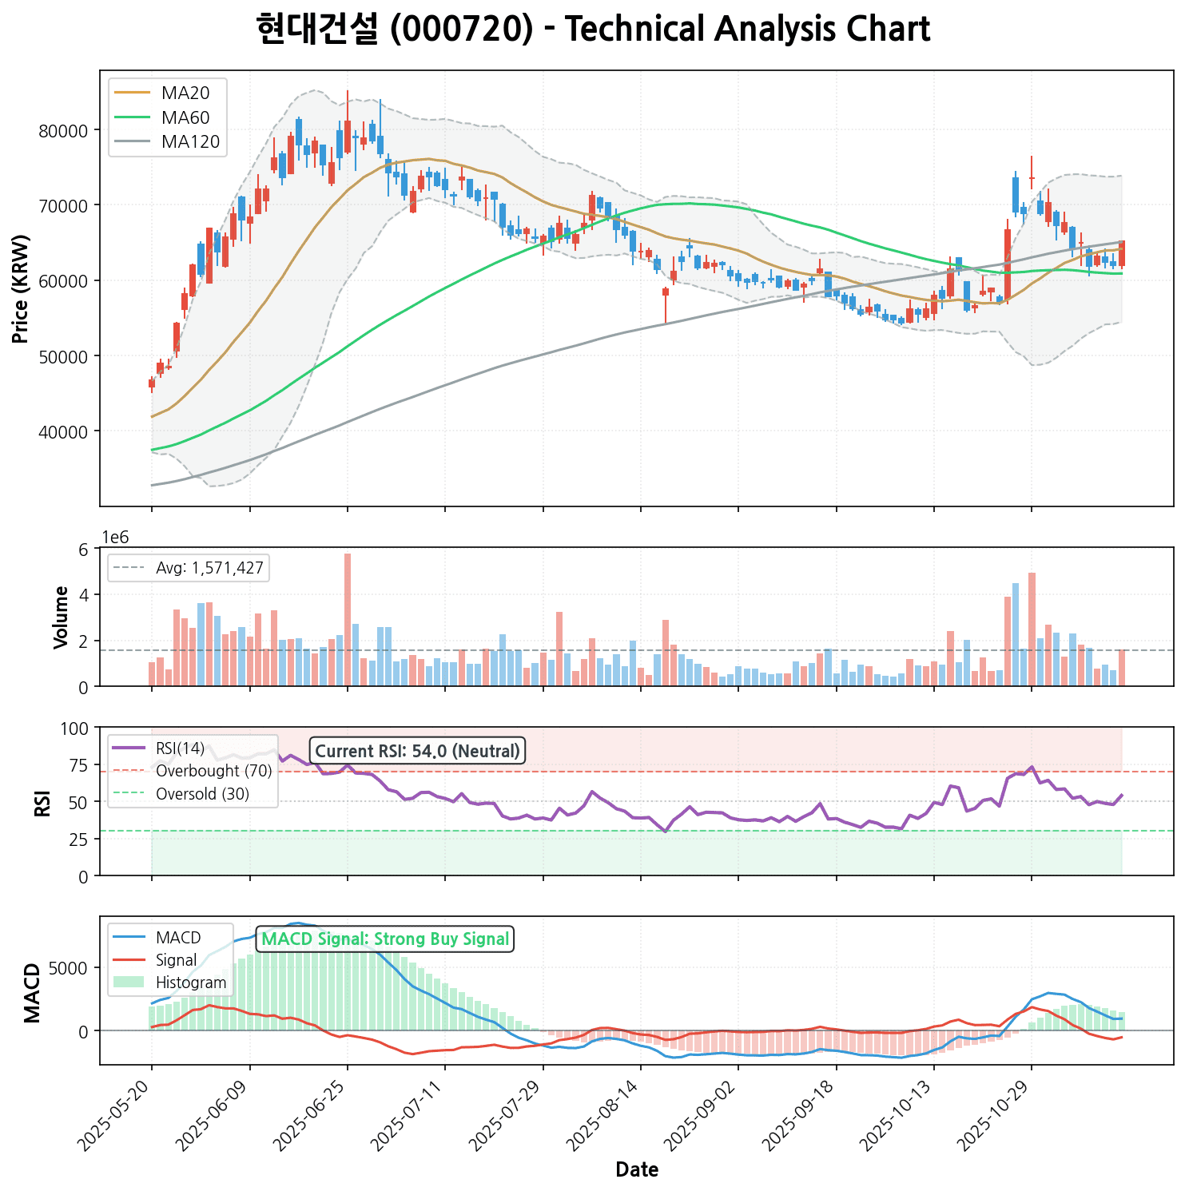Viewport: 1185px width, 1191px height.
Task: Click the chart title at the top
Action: [x=593, y=30]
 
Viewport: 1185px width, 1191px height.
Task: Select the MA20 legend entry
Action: [x=185, y=93]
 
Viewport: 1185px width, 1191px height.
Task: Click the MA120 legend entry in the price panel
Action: [x=189, y=142]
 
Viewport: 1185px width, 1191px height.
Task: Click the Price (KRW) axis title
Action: [x=22, y=288]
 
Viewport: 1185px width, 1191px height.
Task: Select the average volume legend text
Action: [x=209, y=569]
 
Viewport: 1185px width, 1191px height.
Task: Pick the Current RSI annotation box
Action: [x=417, y=751]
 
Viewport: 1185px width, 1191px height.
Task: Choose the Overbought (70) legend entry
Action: [x=213, y=771]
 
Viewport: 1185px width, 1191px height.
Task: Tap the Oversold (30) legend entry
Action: [x=202, y=794]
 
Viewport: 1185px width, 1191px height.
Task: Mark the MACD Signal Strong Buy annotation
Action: [x=385, y=939]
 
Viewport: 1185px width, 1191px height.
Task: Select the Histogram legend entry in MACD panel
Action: [x=191, y=983]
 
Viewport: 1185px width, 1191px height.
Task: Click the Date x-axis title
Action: [x=637, y=1170]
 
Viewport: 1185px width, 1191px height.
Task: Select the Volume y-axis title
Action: [x=61, y=617]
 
